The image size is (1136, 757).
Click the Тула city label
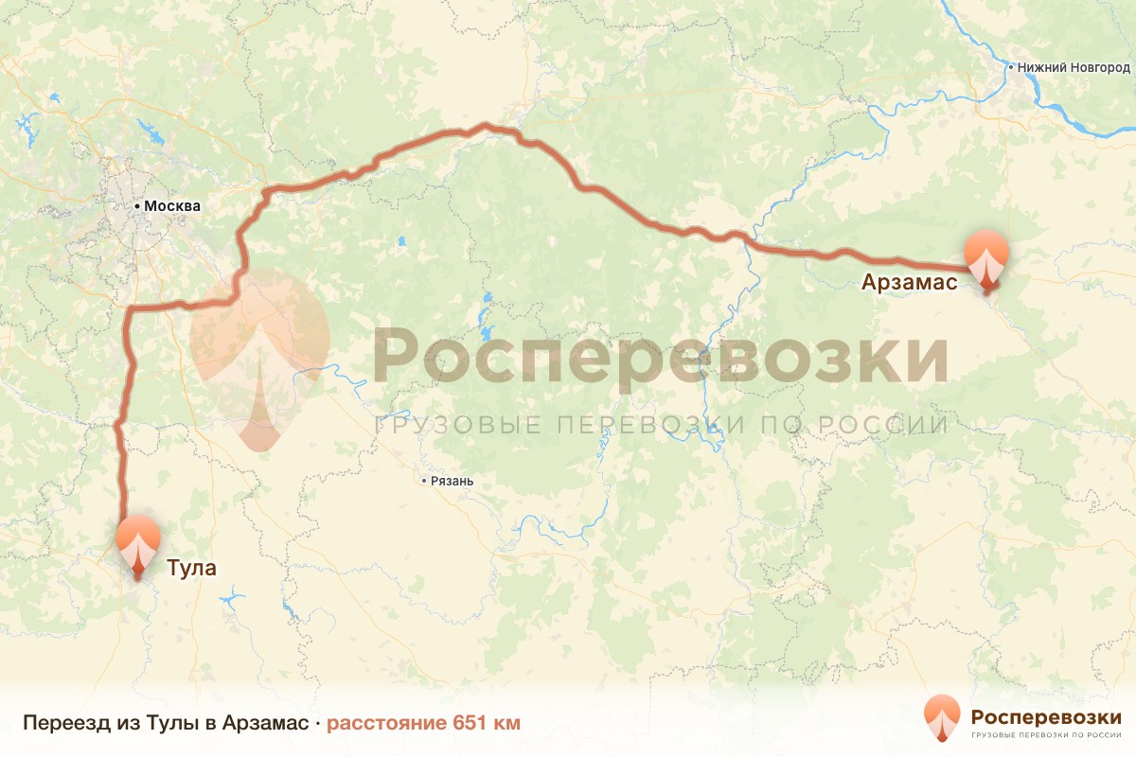[191, 569]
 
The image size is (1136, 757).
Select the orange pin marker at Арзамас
[986, 256]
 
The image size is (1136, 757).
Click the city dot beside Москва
[138, 205]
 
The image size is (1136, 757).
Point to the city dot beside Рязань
[424, 482]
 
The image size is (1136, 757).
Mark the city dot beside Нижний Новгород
[1011, 68]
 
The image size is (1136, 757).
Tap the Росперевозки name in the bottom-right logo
[1045, 715]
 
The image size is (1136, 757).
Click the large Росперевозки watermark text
[659, 357]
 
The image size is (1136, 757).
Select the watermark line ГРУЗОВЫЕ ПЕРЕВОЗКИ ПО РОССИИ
[661, 425]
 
